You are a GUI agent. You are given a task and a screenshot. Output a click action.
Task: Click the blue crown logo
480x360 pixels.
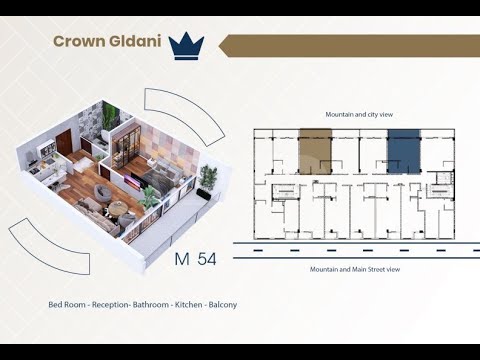click(187, 44)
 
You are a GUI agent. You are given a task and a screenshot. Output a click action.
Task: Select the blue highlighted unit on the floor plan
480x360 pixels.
click(403, 155)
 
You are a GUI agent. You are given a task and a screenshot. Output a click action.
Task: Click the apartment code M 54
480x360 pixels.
click(195, 258)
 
